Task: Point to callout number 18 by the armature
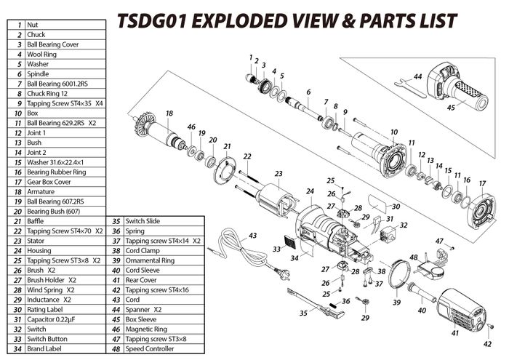pyautogui.click(x=169, y=113)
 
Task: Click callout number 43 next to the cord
pyautogui.click(x=253, y=236)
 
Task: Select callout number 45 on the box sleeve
pyautogui.click(x=450, y=108)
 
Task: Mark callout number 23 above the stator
pyautogui.click(x=278, y=173)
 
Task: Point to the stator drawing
pyautogui.click(x=277, y=197)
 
